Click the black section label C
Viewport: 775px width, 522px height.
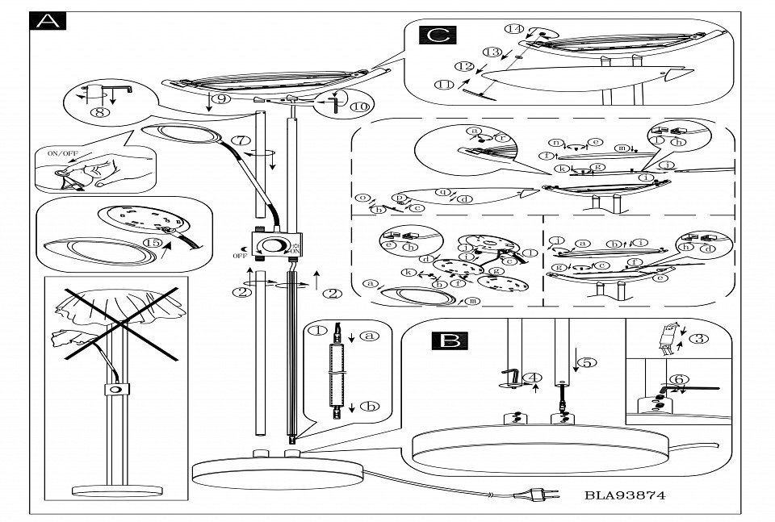click(x=437, y=35)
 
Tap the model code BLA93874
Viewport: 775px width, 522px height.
click(x=625, y=495)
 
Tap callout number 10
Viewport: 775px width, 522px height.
click(x=358, y=106)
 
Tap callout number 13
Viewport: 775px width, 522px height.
click(x=492, y=52)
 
